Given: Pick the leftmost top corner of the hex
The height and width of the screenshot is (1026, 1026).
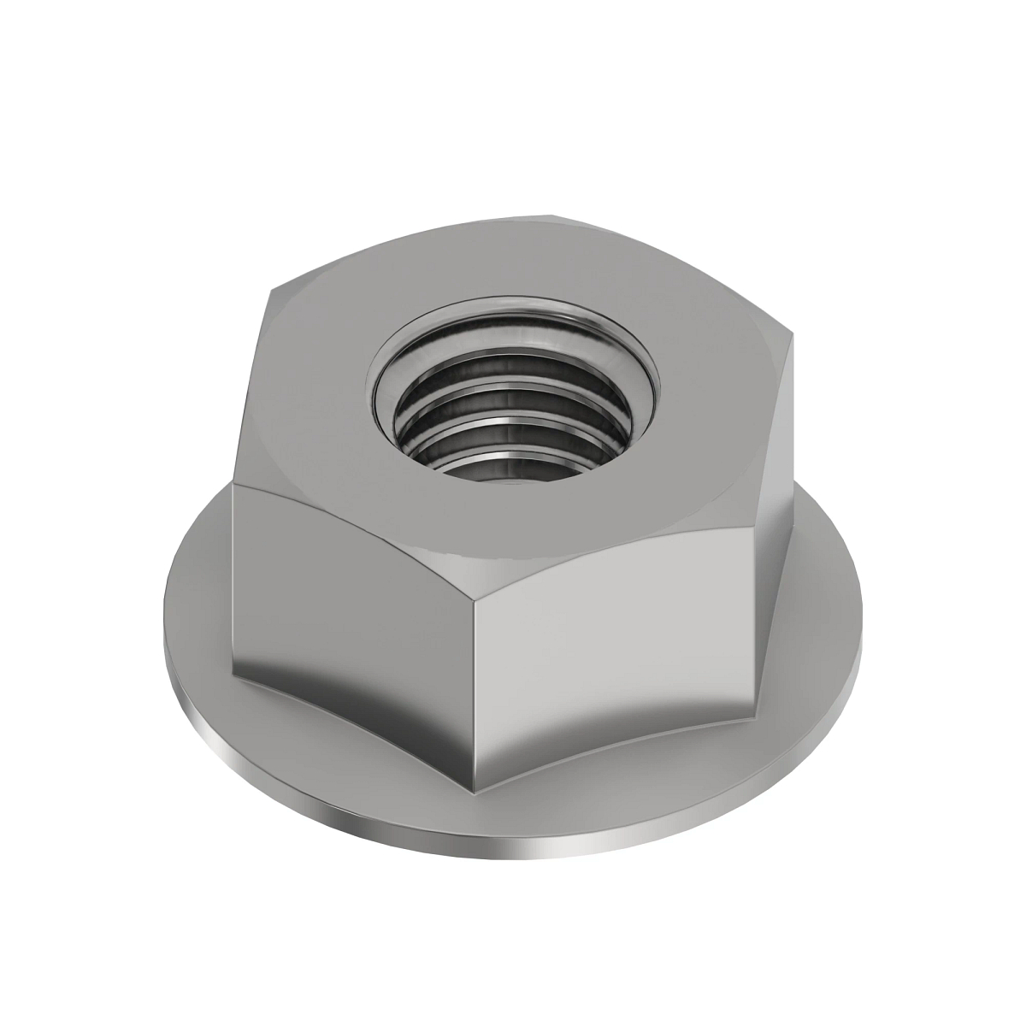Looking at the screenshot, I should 236,484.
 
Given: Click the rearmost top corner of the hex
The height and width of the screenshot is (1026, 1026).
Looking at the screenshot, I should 551,213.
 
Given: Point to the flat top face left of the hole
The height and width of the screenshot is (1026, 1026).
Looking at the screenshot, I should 316,402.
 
